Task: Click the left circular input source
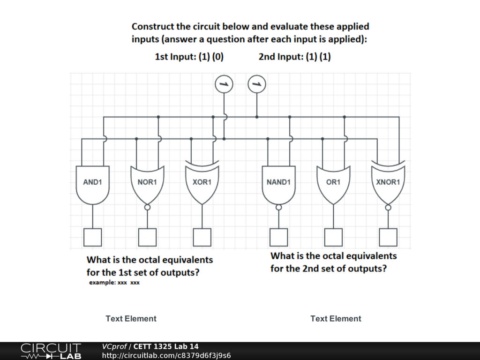click(x=224, y=84)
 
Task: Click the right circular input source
click(x=256, y=84)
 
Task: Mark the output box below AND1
click(x=92, y=237)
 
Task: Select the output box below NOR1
click(x=147, y=237)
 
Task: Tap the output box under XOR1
click(x=202, y=237)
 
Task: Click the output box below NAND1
click(x=278, y=237)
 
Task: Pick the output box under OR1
click(x=333, y=237)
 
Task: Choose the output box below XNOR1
click(x=388, y=237)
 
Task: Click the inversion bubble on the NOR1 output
click(x=147, y=207)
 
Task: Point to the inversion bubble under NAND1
click(x=278, y=207)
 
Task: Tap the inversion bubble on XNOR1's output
click(x=388, y=207)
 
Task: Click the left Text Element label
click(x=131, y=319)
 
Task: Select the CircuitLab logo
click(x=51, y=351)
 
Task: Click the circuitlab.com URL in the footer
click(x=166, y=355)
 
